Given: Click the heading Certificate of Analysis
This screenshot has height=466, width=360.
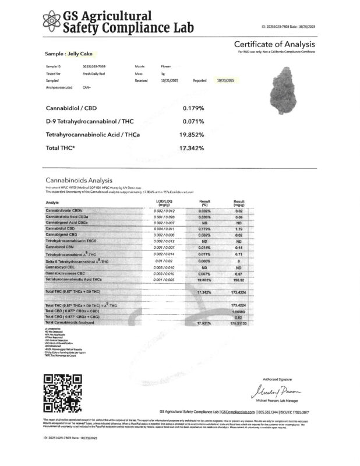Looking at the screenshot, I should click(274, 45).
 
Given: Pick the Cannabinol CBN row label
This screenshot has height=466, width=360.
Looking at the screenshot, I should click(62, 247).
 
